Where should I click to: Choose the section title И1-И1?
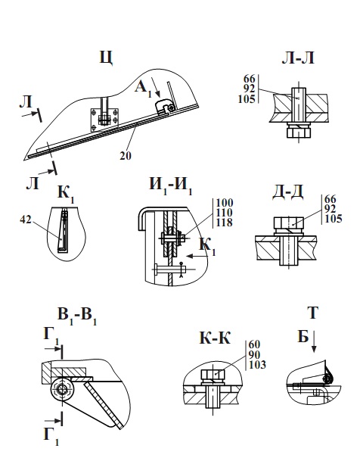(x=171, y=184)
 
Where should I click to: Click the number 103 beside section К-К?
(x=258, y=366)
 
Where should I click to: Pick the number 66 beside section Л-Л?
(x=249, y=78)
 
